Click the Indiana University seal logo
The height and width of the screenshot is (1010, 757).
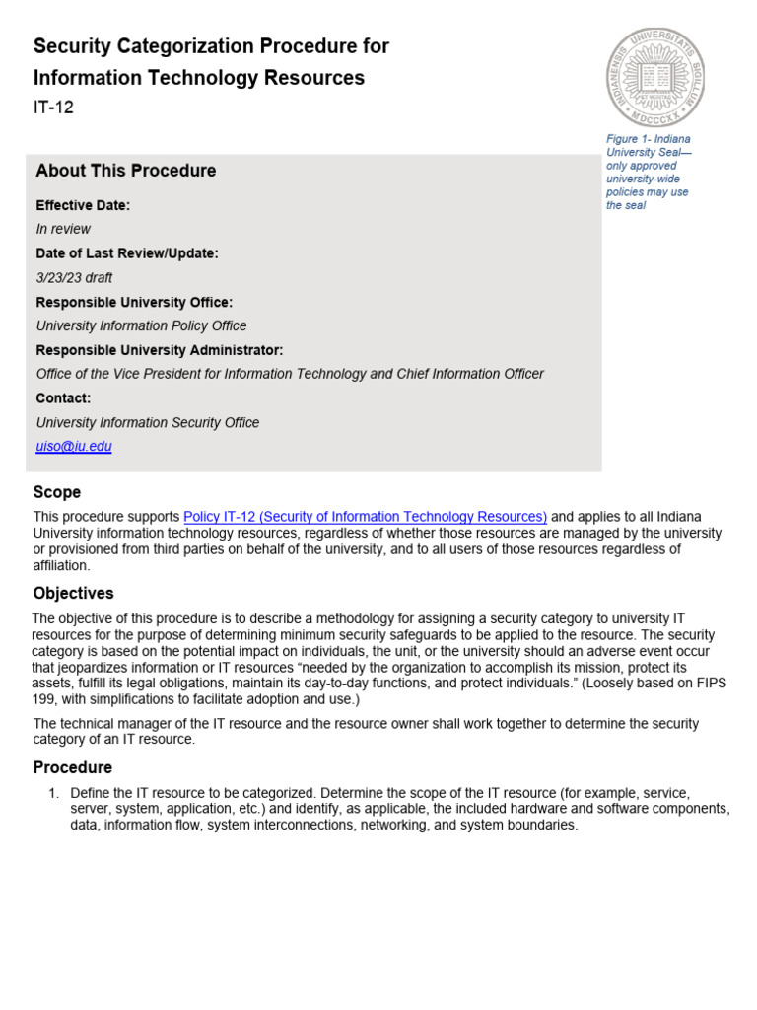pyautogui.click(x=654, y=77)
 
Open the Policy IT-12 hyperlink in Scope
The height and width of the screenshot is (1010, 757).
pyautogui.click(x=365, y=517)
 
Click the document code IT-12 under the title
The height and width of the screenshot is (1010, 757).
pyautogui.click(x=53, y=108)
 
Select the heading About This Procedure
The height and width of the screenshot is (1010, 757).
pyautogui.click(x=125, y=171)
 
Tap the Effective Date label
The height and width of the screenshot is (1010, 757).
pyautogui.click(x=83, y=205)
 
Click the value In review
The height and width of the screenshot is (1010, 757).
pyautogui.click(x=63, y=229)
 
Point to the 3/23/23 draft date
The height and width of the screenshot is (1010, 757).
pyautogui.click(x=74, y=278)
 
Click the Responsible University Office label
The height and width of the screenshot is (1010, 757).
pyautogui.click(x=134, y=302)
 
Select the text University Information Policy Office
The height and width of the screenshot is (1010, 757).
pyautogui.click(x=141, y=325)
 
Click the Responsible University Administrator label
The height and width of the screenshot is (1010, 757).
pyautogui.click(x=159, y=350)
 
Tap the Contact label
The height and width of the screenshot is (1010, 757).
pyautogui.click(x=63, y=398)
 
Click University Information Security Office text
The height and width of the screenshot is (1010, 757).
pyautogui.click(x=148, y=422)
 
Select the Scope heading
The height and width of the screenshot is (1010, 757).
pyautogui.click(x=57, y=492)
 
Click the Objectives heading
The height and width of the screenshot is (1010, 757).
pyautogui.click(x=73, y=594)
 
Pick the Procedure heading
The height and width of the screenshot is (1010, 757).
pyautogui.click(x=72, y=767)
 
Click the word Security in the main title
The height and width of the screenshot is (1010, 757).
pyautogui.click(x=73, y=46)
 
